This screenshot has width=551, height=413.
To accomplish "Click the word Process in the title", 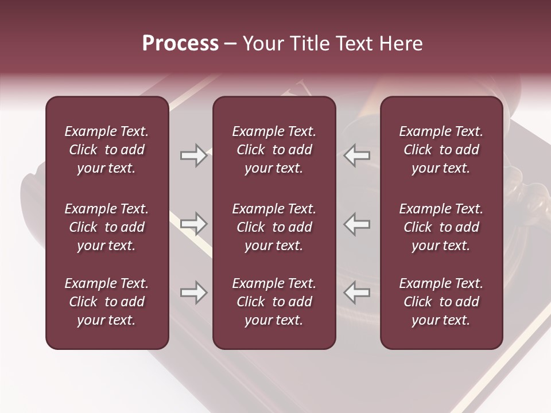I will tap(180, 44).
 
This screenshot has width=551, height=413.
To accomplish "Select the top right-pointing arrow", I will tap(193, 155).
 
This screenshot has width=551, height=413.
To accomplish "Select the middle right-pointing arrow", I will tap(193, 224).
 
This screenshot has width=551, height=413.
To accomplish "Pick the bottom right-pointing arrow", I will tap(193, 293).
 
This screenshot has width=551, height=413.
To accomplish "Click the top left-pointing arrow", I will tap(357, 155).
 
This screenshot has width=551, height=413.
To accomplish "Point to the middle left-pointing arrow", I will tap(357, 224).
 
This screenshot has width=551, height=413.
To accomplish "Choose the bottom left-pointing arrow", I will tap(357, 293).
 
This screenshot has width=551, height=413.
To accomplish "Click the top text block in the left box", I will tap(107, 150).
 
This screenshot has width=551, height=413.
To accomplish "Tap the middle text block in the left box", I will tap(107, 227).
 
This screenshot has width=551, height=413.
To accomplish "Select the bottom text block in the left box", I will tap(107, 302).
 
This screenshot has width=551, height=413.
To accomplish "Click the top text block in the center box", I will tap(274, 150).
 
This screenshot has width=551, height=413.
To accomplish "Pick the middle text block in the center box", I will tap(274, 227).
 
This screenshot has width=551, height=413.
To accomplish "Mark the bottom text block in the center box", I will tap(274, 302).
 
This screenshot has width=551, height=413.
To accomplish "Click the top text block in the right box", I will tap(441, 150).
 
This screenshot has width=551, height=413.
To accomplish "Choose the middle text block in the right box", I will tap(441, 227).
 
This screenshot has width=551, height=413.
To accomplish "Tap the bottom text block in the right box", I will tap(441, 302).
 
